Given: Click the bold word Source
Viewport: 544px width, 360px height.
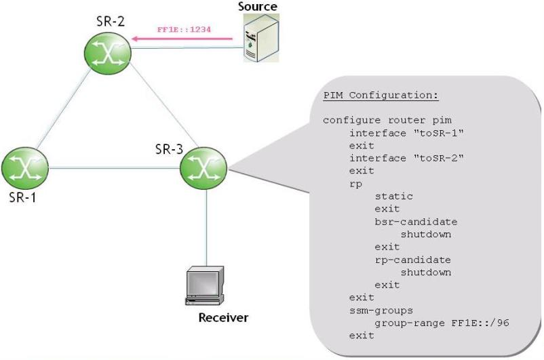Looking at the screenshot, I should [258, 7].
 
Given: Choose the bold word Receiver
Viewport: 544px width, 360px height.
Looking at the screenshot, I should [223, 317].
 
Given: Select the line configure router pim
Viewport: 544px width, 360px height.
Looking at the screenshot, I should [378, 120].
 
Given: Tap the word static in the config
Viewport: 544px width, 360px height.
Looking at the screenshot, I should [393, 196].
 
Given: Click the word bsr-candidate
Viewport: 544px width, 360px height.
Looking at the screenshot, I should [416, 222].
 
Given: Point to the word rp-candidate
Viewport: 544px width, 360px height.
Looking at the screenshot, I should [412, 260].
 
